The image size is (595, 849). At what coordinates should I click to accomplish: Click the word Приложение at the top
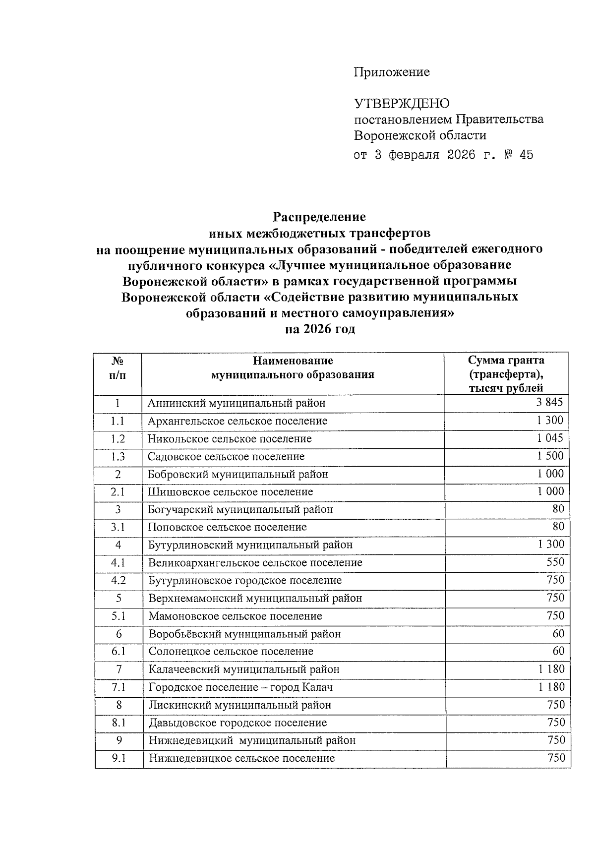pos(391,72)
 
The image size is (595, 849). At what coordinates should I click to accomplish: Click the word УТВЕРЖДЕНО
pos(402,104)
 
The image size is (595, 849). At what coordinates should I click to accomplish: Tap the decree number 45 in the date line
pos(526,155)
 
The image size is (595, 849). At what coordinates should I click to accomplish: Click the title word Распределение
pos(319,217)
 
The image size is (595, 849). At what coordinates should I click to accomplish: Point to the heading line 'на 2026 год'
pos(320,329)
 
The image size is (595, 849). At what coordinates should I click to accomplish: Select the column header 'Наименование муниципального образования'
pos(293,367)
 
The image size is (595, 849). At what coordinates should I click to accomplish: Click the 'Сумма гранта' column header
pos(506,360)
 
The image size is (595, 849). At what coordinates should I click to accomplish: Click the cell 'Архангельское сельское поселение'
pos(238,421)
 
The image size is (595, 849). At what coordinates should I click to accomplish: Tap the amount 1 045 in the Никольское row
pos(550,438)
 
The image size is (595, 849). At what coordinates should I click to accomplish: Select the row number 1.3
pos(118,457)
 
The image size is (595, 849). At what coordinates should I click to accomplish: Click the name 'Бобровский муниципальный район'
pos(238,474)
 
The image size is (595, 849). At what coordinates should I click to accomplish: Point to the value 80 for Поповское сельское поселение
pos(557,527)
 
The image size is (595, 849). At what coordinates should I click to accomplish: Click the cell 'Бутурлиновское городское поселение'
pos(245,580)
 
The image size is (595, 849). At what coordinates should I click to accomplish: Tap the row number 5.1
pos(118,616)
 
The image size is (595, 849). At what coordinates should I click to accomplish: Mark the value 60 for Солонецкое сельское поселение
pos(557,651)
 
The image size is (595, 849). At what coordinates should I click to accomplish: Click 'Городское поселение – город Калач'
pos(240,687)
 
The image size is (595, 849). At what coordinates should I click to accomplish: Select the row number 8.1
pos(119,723)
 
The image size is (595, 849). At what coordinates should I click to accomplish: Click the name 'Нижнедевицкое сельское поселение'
pos(241,758)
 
